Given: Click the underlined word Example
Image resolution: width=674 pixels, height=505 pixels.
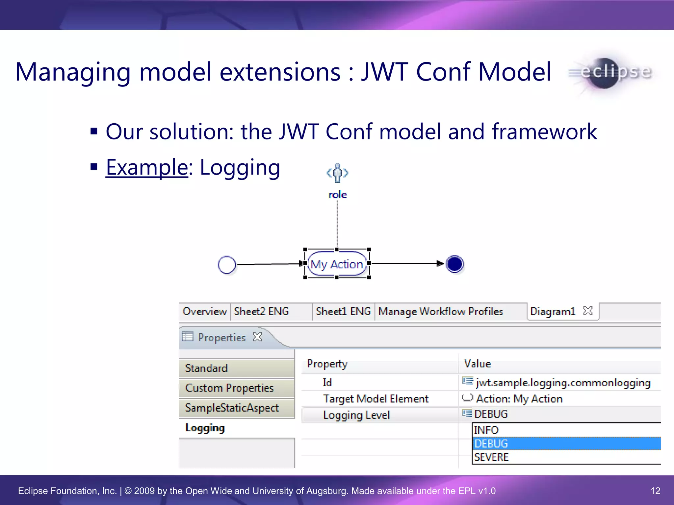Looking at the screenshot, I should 147,167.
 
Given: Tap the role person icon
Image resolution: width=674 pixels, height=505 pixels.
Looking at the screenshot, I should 337,173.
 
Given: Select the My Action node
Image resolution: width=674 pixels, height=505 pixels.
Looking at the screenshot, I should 337,264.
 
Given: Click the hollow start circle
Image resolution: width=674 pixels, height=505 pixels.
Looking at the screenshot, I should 227,265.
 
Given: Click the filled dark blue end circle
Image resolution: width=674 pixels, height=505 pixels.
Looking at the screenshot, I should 454,264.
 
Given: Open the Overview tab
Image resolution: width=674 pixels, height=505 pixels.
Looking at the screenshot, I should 204,311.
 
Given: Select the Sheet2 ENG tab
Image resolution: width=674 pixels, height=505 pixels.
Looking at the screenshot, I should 261,311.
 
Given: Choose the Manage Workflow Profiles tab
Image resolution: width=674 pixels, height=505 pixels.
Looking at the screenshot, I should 440,311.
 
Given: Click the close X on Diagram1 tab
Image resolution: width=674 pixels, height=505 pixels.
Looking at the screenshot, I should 587,311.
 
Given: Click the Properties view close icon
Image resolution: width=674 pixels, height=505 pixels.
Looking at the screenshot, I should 257,337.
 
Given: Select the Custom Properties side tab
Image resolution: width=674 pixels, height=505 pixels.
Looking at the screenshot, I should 229,388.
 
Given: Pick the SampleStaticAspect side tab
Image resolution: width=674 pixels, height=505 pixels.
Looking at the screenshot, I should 232,408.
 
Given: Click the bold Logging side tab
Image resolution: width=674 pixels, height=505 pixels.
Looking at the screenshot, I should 205,428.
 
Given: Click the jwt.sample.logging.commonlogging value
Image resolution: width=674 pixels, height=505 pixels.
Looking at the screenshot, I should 563,383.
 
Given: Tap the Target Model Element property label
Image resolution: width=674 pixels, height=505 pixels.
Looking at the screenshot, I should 376,399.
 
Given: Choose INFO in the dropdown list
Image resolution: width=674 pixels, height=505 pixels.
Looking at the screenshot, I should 486,430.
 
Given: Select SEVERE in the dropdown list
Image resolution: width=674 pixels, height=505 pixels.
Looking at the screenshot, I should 491,457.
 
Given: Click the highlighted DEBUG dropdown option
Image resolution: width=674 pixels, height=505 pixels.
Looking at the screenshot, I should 491,444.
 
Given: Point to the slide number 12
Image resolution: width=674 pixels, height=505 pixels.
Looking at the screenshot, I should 655,491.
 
